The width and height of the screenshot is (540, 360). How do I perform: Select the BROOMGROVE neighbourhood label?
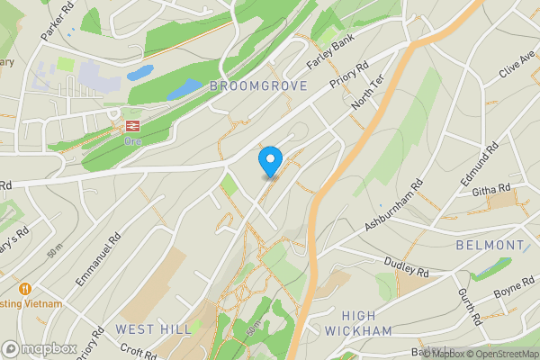(258, 86)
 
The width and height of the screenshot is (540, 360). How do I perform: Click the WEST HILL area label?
(153, 329)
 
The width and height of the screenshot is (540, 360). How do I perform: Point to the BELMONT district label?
(490, 245)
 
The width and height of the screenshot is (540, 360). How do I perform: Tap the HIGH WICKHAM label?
(366, 323)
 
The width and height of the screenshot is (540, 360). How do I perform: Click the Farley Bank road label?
(330, 56)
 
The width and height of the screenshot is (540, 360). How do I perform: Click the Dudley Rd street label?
(407, 267)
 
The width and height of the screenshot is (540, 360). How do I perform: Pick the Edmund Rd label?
(478, 165)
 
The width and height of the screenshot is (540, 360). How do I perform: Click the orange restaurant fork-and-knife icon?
(24, 289)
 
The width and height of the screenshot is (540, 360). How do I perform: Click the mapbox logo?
(40, 348)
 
